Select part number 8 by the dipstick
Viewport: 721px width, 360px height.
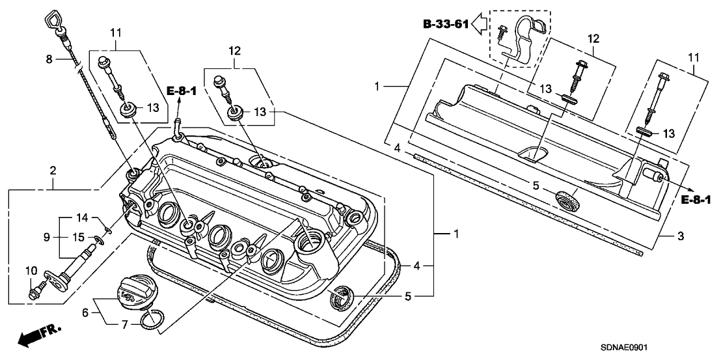click(x=48, y=59)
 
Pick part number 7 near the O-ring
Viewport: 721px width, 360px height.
click(x=123, y=324)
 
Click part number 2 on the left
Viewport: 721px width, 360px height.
click(x=53, y=171)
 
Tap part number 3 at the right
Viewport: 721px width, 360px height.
click(x=680, y=236)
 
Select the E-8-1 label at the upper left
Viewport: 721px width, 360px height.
click(x=182, y=91)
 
